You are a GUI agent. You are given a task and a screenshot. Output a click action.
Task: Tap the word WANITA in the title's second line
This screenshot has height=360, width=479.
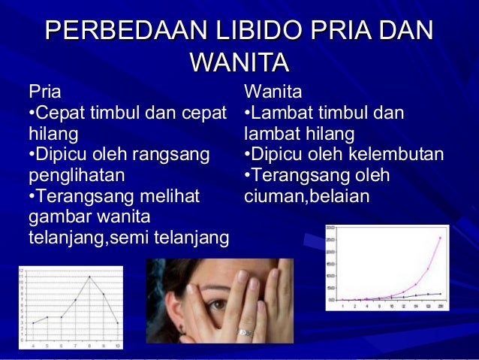[x=239, y=61]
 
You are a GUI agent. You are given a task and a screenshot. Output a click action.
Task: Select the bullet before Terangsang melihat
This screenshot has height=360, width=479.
[x=30, y=198]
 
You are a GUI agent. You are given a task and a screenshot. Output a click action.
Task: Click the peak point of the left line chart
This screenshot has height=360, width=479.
[x=90, y=277]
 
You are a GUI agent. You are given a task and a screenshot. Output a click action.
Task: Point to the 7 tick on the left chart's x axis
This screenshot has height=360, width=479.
[x=76, y=346]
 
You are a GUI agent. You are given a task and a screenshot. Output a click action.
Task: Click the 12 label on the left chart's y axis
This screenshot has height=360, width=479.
[x=21, y=269]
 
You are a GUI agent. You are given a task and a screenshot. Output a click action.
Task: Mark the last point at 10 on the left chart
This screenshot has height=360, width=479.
[x=118, y=323]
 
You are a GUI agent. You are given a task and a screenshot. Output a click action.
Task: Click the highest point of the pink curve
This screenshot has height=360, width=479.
[x=439, y=237]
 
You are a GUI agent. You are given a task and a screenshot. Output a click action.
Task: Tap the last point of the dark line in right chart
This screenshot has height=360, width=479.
[x=439, y=293]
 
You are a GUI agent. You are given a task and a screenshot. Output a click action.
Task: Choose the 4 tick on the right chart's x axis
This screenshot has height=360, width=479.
[x=379, y=307]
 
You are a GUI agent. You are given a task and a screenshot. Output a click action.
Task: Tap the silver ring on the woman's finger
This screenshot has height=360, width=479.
[x=245, y=331]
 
